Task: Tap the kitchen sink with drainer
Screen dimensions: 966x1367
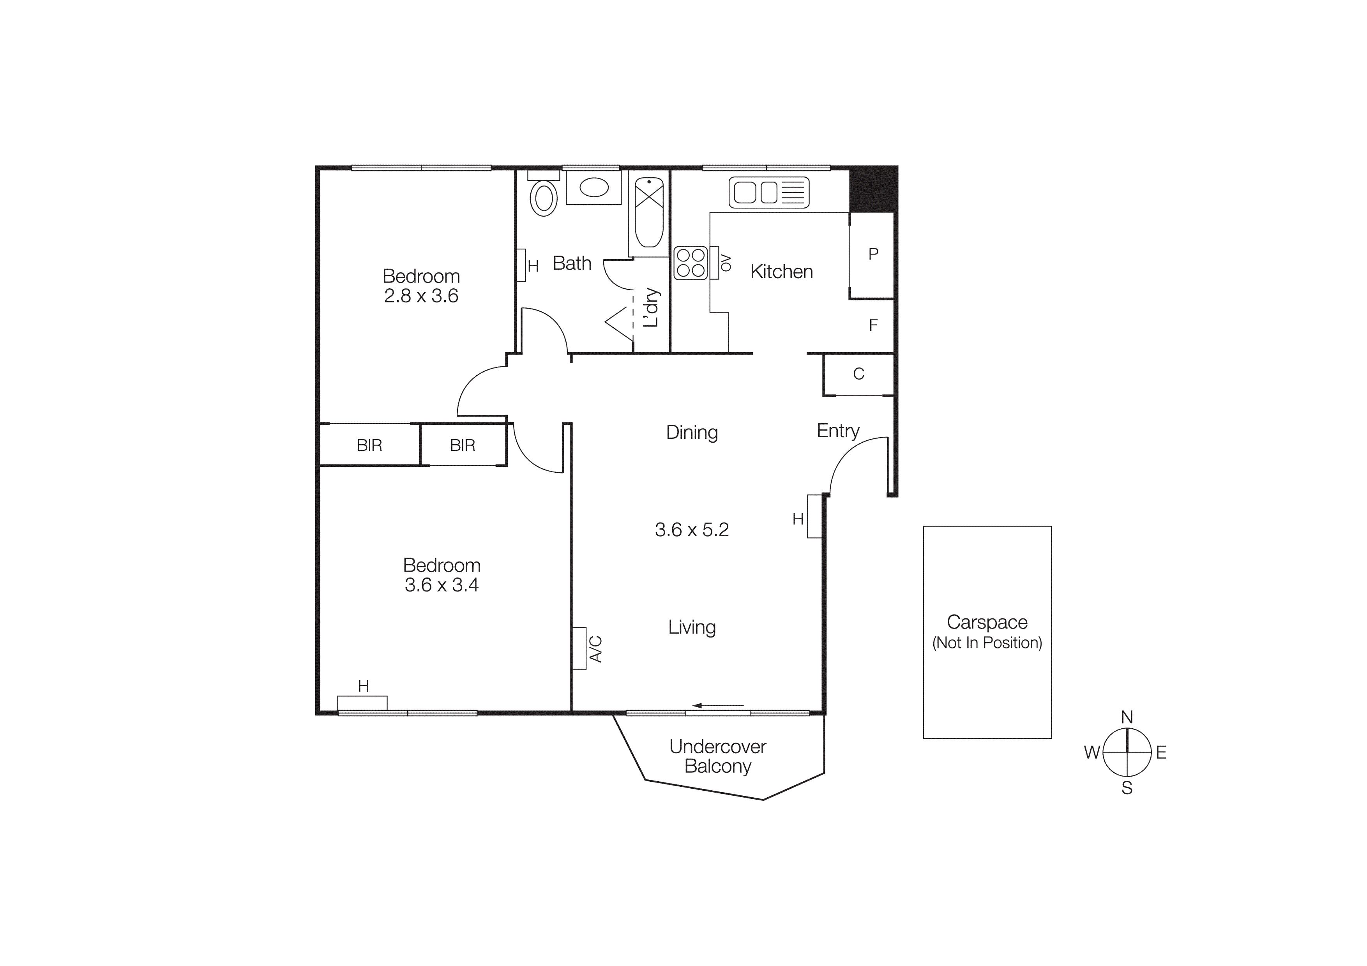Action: click(768, 192)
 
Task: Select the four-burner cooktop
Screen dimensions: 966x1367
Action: click(691, 263)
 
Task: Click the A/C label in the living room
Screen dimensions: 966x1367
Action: click(596, 649)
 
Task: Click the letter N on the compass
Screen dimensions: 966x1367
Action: click(1127, 717)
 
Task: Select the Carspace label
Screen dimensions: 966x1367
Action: click(987, 622)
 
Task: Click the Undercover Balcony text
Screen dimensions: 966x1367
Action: click(717, 756)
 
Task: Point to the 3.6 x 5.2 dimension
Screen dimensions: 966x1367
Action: click(692, 530)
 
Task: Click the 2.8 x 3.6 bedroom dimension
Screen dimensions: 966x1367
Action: click(421, 296)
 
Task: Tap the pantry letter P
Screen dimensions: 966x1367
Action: click(873, 254)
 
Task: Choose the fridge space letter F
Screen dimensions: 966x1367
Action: click(873, 325)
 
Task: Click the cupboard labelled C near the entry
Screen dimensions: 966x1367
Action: click(858, 374)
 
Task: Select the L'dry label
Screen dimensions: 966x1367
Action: click(652, 308)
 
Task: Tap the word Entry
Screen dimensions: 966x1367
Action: click(838, 430)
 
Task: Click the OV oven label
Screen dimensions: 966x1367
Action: click(726, 263)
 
